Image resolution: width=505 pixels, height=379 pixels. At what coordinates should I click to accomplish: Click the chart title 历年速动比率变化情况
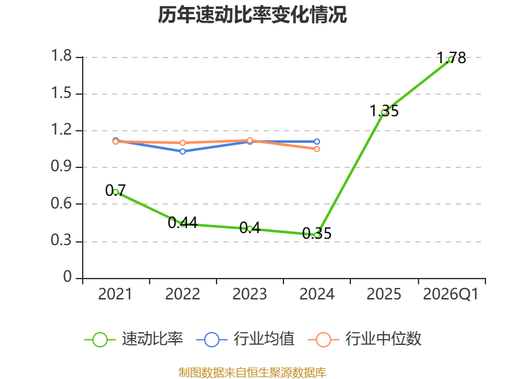[x=252, y=15]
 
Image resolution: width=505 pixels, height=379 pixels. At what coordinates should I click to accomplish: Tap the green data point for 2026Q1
[x=451, y=59]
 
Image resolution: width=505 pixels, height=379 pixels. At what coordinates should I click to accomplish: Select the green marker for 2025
[x=384, y=112]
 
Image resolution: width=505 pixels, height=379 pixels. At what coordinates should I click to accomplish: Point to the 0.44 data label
[x=182, y=223]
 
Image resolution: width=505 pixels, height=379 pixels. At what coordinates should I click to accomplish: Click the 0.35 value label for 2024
[x=317, y=233]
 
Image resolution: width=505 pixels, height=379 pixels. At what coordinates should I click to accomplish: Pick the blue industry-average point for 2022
[x=182, y=152]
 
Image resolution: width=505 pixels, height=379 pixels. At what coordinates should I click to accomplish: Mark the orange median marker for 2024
[x=317, y=149]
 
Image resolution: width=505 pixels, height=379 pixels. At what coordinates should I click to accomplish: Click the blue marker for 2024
[x=317, y=141]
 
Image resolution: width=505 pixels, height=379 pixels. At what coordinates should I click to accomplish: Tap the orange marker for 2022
[x=182, y=143]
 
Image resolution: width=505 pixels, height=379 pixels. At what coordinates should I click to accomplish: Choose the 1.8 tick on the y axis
[x=61, y=56]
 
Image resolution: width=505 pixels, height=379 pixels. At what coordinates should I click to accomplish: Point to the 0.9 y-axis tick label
[x=61, y=166]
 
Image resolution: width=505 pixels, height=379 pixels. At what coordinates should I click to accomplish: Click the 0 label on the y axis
[x=68, y=277]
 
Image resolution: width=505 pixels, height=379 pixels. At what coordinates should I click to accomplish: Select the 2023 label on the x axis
[x=249, y=294]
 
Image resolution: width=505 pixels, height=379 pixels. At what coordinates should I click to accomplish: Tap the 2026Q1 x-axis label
[x=451, y=294]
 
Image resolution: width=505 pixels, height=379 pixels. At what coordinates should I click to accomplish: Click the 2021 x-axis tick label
[x=116, y=294]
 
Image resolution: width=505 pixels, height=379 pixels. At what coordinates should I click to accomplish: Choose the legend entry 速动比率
[x=134, y=339]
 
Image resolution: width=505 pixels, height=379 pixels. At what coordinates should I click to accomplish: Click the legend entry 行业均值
[x=246, y=339]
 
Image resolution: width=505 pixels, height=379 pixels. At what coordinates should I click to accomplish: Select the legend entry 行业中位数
[x=365, y=339]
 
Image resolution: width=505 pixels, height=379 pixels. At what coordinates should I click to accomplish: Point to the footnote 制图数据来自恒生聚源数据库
[x=252, y=373]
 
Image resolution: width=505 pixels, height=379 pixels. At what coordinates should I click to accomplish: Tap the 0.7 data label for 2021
[x=116, y=191]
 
